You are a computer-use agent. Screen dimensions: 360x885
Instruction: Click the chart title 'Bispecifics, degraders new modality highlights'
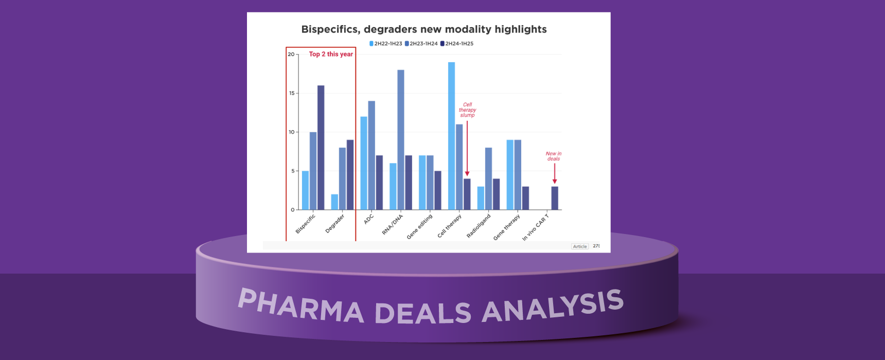click(423, 29)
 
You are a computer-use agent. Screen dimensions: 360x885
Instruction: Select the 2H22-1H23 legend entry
click(386, 44)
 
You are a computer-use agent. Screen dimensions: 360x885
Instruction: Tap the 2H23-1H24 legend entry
click(421, 44)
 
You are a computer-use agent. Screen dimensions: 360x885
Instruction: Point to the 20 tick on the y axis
click(291, 54)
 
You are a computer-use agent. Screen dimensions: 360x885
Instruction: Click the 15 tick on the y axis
click(292, 93)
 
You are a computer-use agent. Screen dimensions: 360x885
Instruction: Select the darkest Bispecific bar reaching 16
click(321, 148)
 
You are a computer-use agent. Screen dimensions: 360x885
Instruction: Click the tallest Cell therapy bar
click(451, 136)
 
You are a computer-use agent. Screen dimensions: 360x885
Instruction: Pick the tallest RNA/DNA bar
click(400, 140)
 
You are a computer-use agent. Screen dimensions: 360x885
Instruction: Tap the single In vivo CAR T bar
click(555, 198)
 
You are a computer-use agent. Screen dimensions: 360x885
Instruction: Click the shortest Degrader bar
click(334, 202)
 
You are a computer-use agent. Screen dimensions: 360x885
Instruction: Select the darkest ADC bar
click(379, 183)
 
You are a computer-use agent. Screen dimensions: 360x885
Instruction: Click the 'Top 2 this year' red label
click(331, 54)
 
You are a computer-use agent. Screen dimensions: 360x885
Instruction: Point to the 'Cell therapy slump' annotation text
click(467, 110)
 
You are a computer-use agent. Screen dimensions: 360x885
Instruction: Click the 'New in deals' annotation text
click(554, 156)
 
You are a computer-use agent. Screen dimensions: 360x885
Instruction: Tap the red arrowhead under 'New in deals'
click(555, 181)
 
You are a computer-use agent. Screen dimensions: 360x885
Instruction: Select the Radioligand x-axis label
click(479, 226)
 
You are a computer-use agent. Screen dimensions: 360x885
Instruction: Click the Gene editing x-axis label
click(420, 227)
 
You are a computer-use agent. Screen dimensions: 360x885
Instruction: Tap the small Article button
click(580, 246)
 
